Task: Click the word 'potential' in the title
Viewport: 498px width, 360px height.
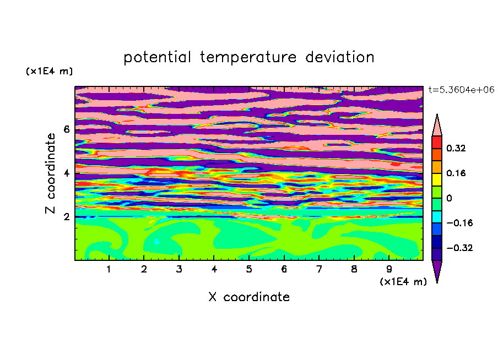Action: (157, 58)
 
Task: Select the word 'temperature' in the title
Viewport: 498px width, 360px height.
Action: (248, 58)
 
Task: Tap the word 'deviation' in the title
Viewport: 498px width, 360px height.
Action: (339, 57)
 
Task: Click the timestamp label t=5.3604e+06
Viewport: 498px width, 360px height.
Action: (461, 90)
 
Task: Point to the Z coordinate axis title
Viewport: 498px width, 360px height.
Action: (50, 173)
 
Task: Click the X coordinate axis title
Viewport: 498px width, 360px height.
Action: (249, 297)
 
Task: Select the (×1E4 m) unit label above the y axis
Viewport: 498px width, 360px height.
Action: (49, 71)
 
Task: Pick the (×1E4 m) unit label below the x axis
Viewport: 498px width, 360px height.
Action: (403, 282)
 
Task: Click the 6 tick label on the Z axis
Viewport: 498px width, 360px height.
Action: (66, 129)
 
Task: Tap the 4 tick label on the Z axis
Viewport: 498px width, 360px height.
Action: (66, 173)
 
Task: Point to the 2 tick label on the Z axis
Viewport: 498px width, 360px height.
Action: (66, 216)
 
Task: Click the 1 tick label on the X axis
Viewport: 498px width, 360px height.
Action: (109, 269)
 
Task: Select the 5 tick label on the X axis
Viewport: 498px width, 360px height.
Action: (249, 269)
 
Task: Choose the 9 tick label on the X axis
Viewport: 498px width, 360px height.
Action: (389, 269)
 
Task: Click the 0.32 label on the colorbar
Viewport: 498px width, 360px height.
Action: (456, 148)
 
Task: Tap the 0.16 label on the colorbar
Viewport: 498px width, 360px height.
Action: (456, 173)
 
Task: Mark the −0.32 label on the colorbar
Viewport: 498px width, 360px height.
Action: (459, 248)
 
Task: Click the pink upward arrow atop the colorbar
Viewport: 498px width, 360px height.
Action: (437, 125)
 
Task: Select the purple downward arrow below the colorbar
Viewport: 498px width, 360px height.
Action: (437, 271)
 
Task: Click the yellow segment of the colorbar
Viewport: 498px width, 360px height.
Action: (437, 179)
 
